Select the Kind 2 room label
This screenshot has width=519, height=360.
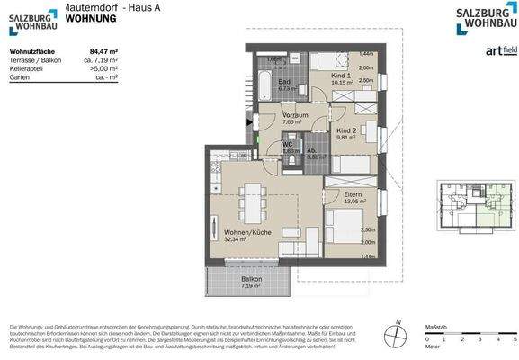(346, 131)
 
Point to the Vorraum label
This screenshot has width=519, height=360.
(296, 115)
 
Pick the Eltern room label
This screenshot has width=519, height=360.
(353, 194)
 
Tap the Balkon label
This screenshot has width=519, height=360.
(252, 279)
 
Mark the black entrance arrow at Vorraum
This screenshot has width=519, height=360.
(251, 122)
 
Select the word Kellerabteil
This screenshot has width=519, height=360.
(28, 68)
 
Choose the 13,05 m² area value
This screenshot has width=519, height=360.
(353, 202)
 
